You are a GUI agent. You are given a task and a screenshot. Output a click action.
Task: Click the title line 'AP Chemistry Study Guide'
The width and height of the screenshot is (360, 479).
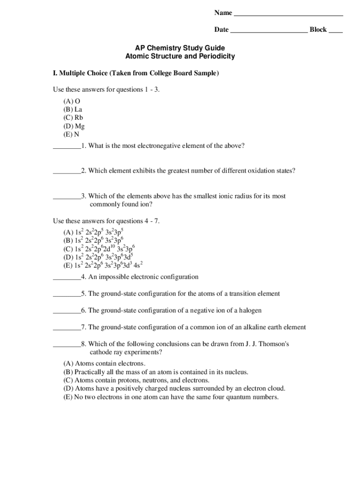(x=180, y=48)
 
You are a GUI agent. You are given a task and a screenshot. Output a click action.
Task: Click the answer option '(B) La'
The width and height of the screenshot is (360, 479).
(x=72, y=109)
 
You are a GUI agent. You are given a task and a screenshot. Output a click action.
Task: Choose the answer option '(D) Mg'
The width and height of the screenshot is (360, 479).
(x=74, y=126)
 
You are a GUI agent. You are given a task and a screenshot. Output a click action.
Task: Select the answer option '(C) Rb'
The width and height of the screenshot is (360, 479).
(x=73, y=118)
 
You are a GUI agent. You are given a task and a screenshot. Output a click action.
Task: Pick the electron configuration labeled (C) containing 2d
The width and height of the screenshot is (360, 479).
(x=99, y=248)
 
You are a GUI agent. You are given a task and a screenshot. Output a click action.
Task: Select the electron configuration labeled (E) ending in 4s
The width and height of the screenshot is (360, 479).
(x=102, y=265)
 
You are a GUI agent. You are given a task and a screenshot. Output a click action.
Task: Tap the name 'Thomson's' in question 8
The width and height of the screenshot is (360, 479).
(x=274, y=344)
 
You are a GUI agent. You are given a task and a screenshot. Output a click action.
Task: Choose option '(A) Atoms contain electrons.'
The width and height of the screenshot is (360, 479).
(x=104, y=363)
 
